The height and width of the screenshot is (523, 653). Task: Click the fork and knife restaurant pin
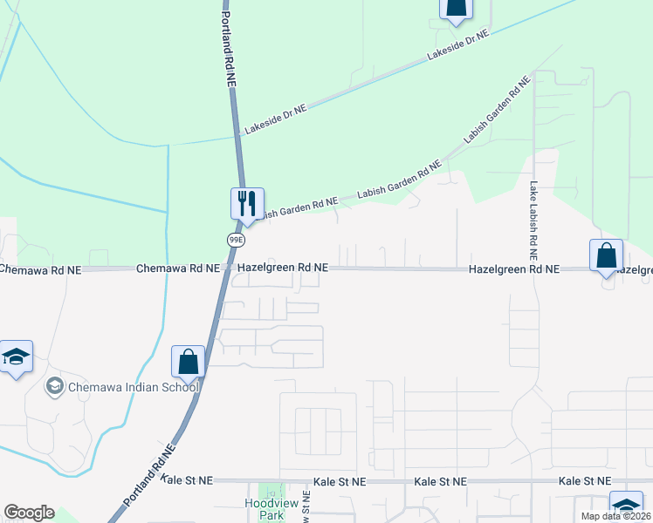(247, 203)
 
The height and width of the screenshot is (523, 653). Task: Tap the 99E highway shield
(235, 238)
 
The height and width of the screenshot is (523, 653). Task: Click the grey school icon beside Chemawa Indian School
(54, 386)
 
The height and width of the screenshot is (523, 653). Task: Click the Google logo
(29, 513)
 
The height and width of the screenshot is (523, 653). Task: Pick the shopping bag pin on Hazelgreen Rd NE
(606, 256)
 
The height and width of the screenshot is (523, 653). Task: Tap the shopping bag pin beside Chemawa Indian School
(188, 361)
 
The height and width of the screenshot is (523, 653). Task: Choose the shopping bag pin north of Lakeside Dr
(455, 8)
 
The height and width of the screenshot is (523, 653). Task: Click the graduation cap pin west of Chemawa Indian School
(16, 357)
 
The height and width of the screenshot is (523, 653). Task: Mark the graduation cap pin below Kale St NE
(626, 506)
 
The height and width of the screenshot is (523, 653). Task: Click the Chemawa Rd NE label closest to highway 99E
(177, 269)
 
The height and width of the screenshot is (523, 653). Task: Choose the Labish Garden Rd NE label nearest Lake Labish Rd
(497, 111)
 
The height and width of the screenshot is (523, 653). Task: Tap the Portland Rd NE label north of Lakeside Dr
(229, 48)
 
